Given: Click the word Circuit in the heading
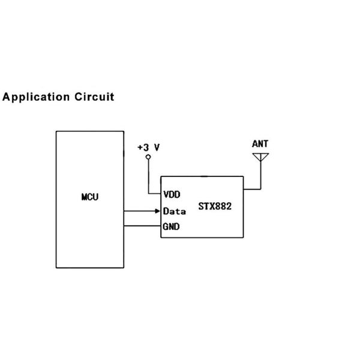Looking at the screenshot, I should point(94,97).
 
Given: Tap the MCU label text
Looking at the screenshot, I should point(90,197).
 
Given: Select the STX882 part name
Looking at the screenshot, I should point(215,207).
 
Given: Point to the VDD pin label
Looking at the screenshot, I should point(172,194).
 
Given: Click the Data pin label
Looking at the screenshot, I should point(174,211).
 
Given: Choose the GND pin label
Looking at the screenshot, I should point(172,227).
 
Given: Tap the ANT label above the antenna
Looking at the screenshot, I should point(260,144).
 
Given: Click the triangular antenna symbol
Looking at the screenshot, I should point(260,158).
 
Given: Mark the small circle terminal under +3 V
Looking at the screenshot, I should point(148,157).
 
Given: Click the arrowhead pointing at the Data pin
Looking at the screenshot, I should point(157,211).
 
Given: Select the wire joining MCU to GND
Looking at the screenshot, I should point(142,226).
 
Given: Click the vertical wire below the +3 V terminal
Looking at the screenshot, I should point(148,177).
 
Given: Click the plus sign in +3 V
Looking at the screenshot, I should point(139,147).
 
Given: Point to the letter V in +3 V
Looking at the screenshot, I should point(157,147).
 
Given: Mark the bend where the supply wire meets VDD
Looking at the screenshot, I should point(148,194).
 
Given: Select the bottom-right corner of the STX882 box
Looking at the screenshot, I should point(244,238).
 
